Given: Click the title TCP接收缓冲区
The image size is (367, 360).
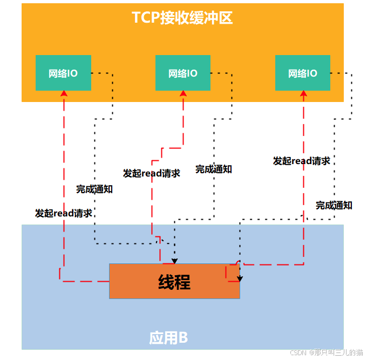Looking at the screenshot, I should (x=182, y=18).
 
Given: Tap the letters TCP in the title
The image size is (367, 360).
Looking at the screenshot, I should (x=146, y=18).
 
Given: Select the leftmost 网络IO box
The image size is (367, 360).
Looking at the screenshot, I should (x=63, y=73).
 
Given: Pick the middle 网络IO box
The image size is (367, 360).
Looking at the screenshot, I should (x=183, y=73).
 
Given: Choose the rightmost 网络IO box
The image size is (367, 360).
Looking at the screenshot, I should (x=303, y=73).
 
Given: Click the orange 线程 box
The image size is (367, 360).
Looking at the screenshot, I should (x=174, y=281).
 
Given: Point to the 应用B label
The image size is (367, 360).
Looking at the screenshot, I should (x=168, y=338).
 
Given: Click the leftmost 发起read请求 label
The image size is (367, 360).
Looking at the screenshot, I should (x=64, y=213).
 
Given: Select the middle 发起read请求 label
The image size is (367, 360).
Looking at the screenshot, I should (x=152, y=173).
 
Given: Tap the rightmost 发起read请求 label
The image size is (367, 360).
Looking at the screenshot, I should (x=302, y=161).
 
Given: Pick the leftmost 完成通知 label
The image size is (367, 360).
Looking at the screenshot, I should (x=94, y=189).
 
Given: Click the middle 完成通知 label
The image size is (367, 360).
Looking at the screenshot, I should (x=214, y=169).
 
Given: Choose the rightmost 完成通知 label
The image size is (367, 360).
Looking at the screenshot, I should (x=334, y=205).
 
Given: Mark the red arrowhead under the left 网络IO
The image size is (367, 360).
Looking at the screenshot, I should (x=64, y=93).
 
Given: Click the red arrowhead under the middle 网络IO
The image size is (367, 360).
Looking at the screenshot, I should (x=183, y=93).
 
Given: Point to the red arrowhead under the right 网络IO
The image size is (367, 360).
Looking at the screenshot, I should (x=303, y=93).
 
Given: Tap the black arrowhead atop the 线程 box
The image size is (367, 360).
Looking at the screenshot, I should (x=174, y=260).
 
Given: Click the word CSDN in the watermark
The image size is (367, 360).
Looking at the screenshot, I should (x=298, y=352).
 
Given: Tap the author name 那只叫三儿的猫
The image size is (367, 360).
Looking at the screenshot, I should (x=339, y=352).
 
